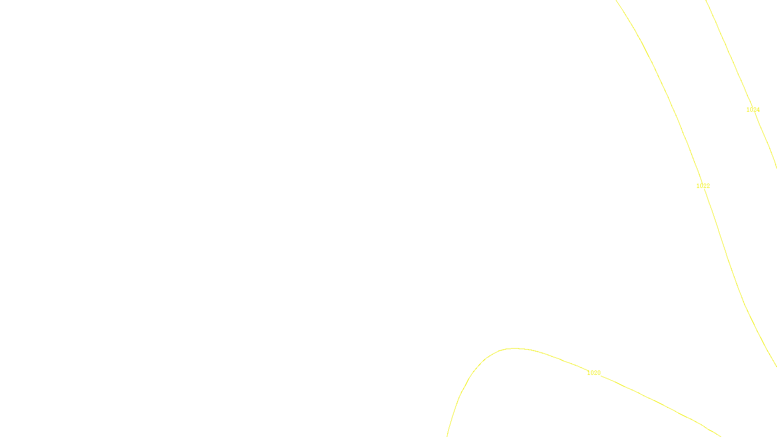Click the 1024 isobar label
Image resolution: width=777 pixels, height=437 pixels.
(753, 110)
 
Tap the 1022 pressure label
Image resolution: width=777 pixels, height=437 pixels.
(703, 186)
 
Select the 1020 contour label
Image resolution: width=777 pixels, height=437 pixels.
(593, 373)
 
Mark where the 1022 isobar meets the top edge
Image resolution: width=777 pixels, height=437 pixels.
(616, 0)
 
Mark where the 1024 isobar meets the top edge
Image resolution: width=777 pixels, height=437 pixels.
(706, 0)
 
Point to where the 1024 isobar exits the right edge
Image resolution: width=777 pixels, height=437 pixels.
(776, 168)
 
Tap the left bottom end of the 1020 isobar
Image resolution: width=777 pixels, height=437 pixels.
(447, 436)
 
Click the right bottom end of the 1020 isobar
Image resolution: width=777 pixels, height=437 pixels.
(720, 436)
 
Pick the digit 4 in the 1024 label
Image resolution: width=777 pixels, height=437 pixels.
(758, 110)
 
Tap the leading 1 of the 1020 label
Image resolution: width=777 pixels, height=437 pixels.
(589, 373)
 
